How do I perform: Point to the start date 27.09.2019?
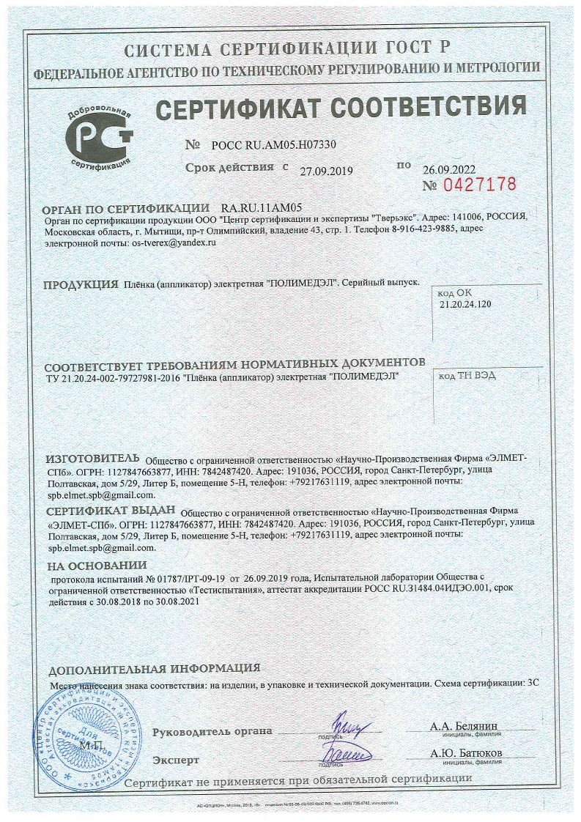[327, 171]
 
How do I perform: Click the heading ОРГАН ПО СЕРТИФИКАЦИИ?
[127, 207]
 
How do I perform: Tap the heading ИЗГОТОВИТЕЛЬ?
[93, 456]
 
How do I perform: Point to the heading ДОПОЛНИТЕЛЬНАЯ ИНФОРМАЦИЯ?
[154, 668]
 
